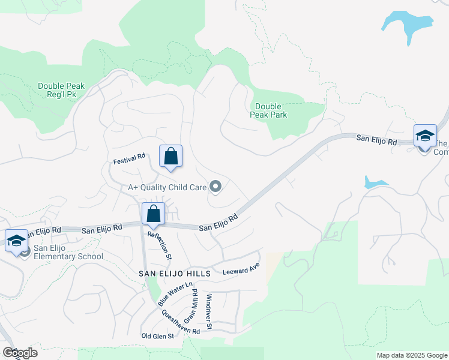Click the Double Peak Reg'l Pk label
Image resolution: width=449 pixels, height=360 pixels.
[x=61, y=90]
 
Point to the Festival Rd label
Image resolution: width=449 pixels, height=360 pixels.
[x=130, y=159]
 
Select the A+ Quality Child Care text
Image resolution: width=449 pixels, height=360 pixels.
[x=166, y=187]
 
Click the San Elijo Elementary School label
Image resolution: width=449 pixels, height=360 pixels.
[x=68, y=252]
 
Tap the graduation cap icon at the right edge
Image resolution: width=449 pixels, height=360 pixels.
[x=425, y=136]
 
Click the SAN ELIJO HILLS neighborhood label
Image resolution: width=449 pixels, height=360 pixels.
[x=175, y=273]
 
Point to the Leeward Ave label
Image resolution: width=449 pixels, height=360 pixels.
[x=241, y=268]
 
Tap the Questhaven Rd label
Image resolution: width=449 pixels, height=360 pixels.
[x=180, y=326]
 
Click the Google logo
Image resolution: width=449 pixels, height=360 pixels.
[x=20, y=352]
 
